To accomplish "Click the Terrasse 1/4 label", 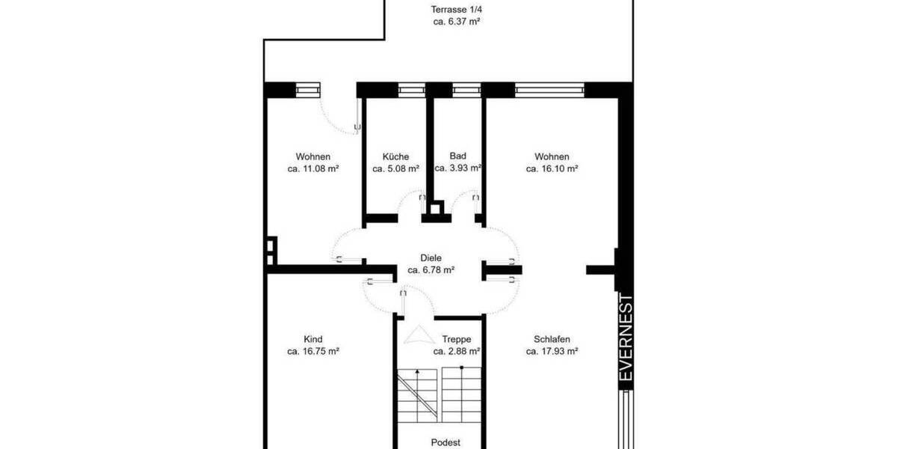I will (456, 10).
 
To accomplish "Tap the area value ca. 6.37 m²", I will (456, 22).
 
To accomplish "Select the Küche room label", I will (395, 156).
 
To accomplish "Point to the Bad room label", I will (457, 156).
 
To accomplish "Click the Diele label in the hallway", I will (431, 258).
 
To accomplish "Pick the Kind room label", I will (313, 338).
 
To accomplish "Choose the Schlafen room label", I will (552, 338).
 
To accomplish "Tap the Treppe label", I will (456, 338).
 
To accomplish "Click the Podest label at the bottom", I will (446, 442).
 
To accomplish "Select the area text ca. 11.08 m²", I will (313, 169).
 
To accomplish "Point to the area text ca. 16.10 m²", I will (552, 169).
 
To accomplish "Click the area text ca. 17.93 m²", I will (552, 350).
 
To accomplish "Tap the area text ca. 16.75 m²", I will (313, 350).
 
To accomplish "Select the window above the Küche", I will (411, 90).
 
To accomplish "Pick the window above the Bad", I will (466, 90).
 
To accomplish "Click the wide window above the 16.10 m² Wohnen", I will (549, 90).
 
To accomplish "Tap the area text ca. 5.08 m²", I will (395, 169).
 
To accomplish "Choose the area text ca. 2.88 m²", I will (456, 350).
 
